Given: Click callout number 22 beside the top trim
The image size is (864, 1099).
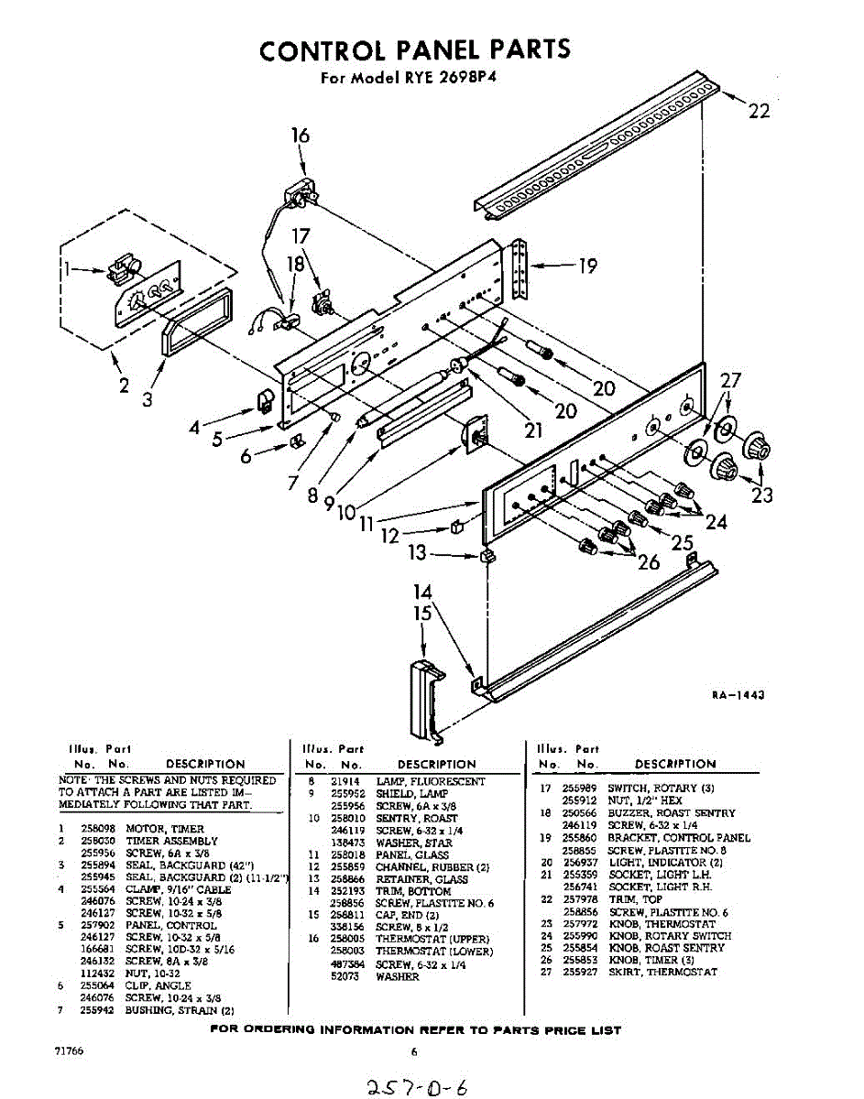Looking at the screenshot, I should [759, 111].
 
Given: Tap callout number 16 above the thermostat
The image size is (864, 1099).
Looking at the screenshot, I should [301, 136].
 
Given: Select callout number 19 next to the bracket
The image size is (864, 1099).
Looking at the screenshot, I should [587, 267].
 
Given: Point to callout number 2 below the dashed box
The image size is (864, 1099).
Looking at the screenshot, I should [124, 386].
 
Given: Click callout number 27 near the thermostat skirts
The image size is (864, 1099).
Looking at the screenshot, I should [730, 382].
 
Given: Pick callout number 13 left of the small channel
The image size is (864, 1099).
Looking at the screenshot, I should [418, 553].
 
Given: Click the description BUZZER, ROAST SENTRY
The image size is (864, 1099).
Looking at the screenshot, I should [671, 813].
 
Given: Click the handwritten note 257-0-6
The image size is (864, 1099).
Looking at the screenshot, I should [416, 1086].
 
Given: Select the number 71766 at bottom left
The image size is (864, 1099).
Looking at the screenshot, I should [70, 1050].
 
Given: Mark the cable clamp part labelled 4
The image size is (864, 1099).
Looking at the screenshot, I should [264, 398].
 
